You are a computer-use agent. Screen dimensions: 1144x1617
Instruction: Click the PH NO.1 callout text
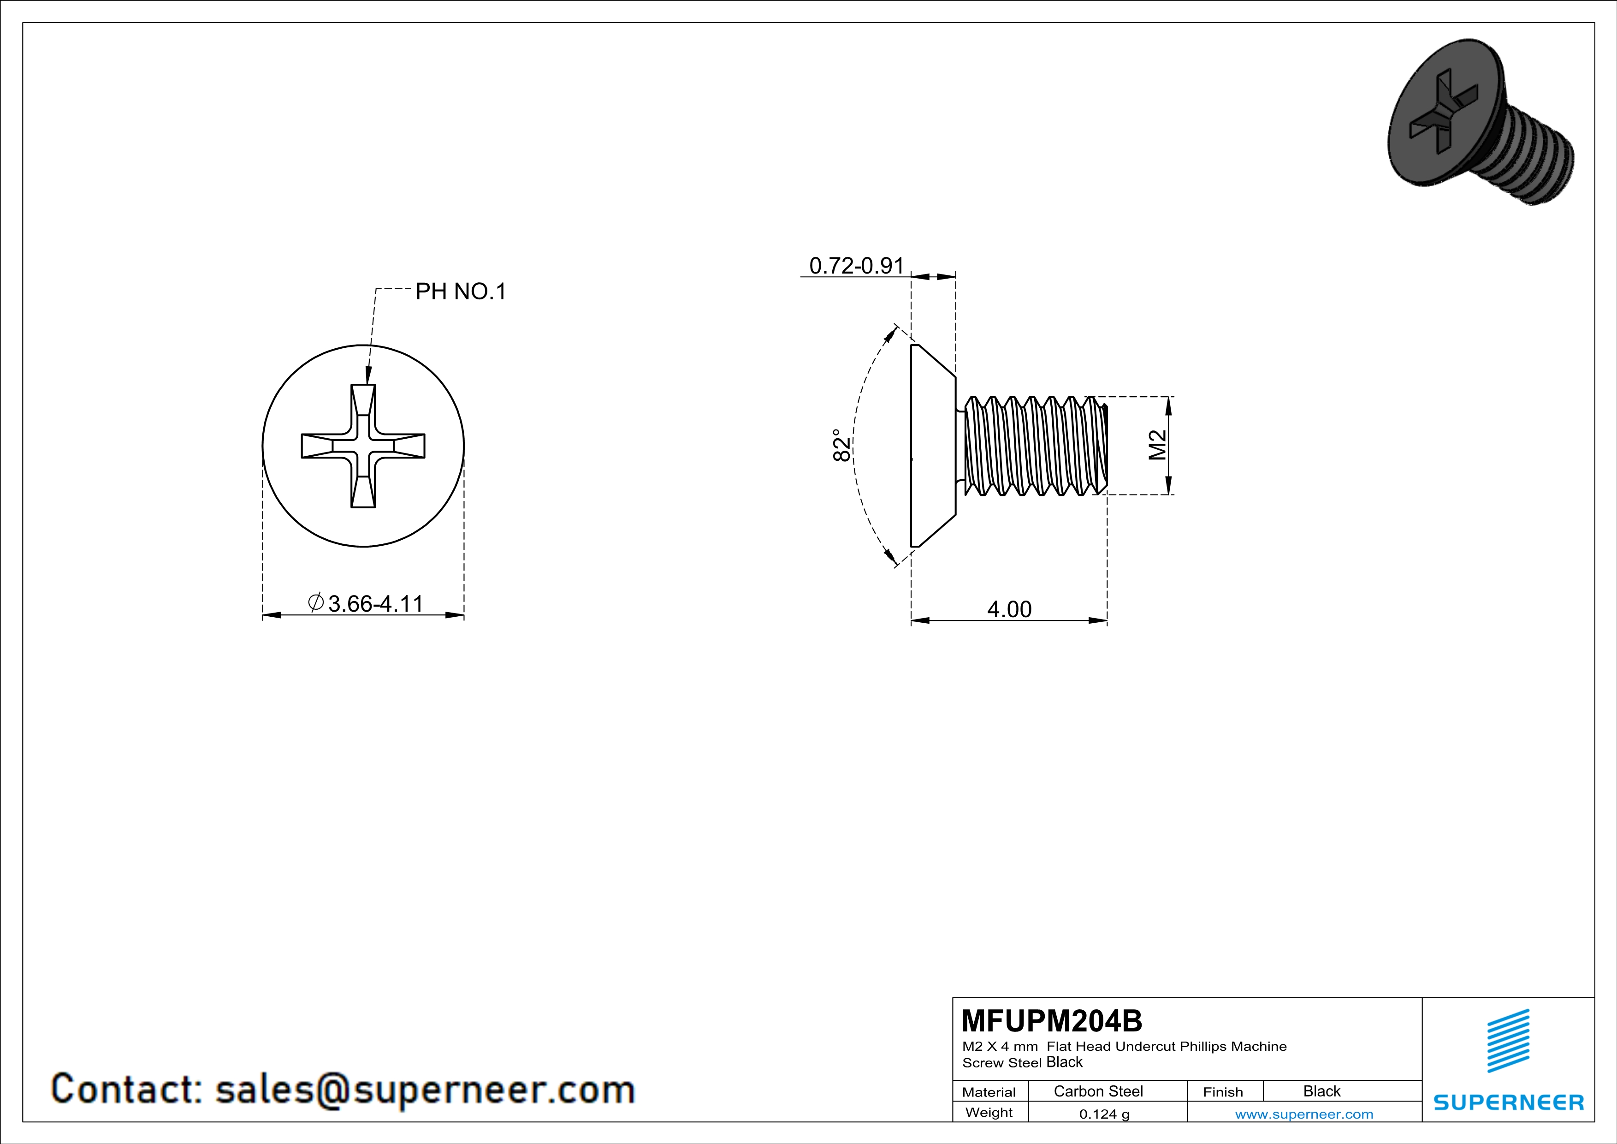point(461,291)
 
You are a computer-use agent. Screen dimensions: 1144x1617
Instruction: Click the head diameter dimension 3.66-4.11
point(375,604)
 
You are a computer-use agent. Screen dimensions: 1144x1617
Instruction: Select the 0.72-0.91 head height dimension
point(856,266)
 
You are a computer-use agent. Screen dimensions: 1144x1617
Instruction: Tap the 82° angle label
point(841,445)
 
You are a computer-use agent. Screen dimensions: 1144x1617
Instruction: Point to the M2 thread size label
point(1157,445)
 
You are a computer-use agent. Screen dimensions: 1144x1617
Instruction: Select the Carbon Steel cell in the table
point(1097,1091)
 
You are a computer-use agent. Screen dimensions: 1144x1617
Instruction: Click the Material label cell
point(989,1092)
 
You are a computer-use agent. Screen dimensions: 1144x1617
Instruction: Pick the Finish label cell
point(1223,1092)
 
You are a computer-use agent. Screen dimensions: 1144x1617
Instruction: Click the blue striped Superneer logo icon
point(1508,1041)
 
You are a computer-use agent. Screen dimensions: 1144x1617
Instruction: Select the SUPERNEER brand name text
point(1508,1102)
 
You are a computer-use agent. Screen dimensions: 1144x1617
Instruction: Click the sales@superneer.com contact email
point(425,1089)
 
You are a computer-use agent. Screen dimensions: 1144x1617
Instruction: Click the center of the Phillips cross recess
point(363,446)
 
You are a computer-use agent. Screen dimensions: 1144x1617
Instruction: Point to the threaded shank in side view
point(1032,445)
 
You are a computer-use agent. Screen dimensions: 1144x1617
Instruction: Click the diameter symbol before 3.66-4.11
point(315,602)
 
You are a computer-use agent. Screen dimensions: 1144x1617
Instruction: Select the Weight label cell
point(989,1112)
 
